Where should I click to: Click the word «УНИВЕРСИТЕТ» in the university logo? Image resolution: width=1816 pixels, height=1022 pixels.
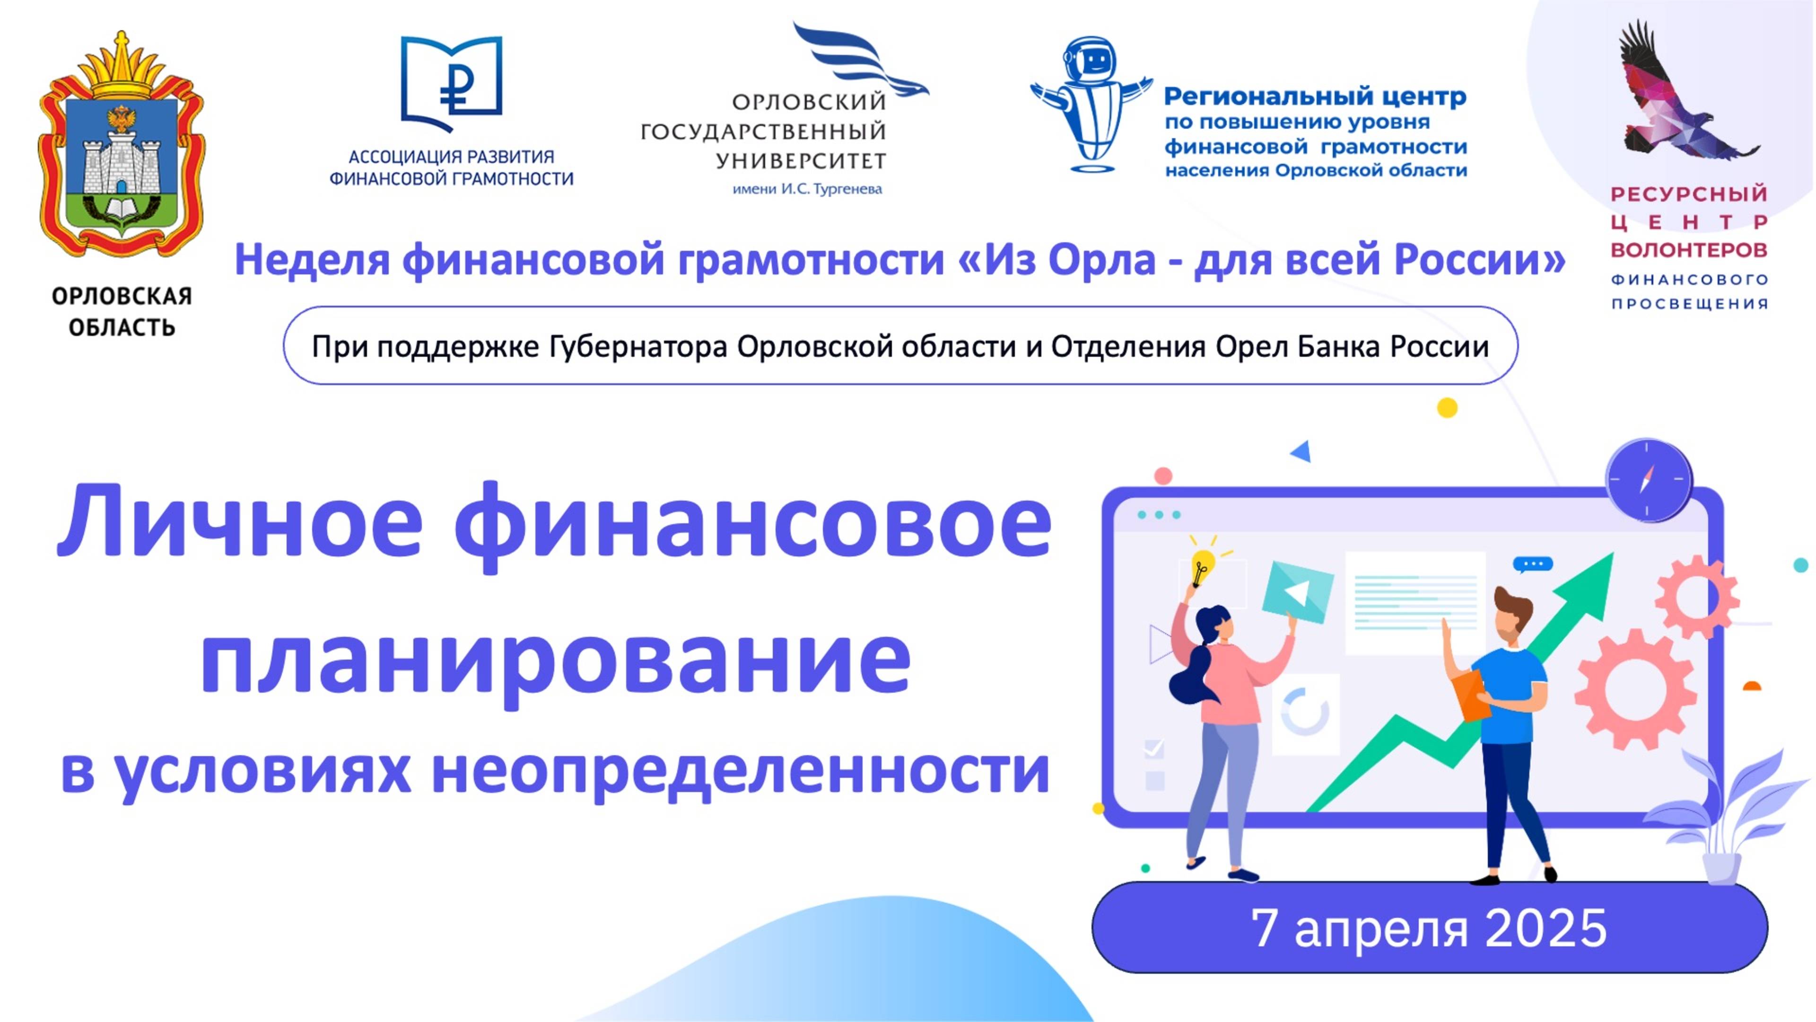801,161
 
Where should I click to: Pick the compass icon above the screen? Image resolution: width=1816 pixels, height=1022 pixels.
1648,480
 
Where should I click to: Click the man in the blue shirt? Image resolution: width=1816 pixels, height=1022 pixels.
1509,726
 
